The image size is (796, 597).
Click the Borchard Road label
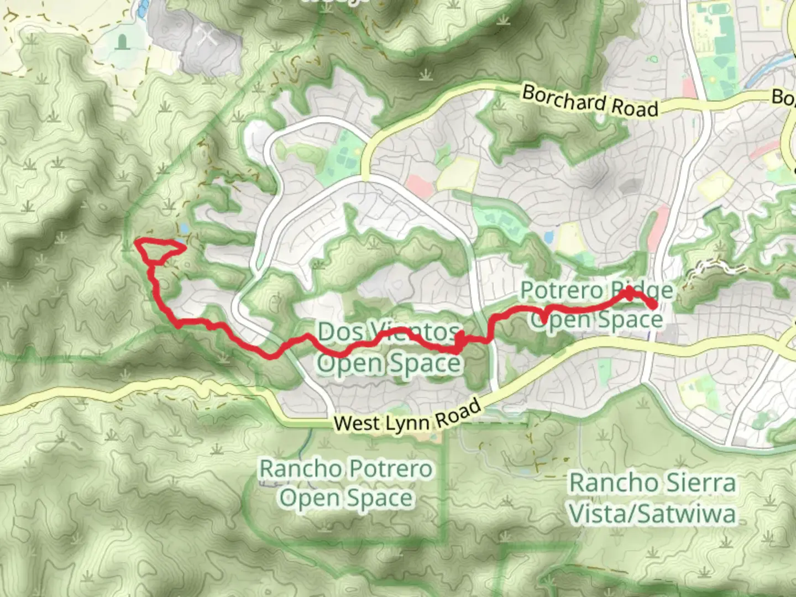(x=590, y=101)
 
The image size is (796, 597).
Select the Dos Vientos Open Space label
(x=389, y=348)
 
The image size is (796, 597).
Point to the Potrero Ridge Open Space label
(x=597, y=305)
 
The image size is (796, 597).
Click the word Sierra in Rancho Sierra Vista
(x=702, y=483)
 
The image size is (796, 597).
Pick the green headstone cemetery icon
(x=122, y=41)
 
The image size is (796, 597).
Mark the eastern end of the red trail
(x=653, y=305)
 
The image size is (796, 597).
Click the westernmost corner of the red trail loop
(x=136, y=241)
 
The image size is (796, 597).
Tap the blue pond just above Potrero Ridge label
(x=548, y=238)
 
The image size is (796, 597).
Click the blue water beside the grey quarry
(x=144, y=7)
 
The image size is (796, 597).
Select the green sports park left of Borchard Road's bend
(x=341, y=152)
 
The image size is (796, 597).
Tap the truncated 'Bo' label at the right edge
(x=784, y=98)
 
